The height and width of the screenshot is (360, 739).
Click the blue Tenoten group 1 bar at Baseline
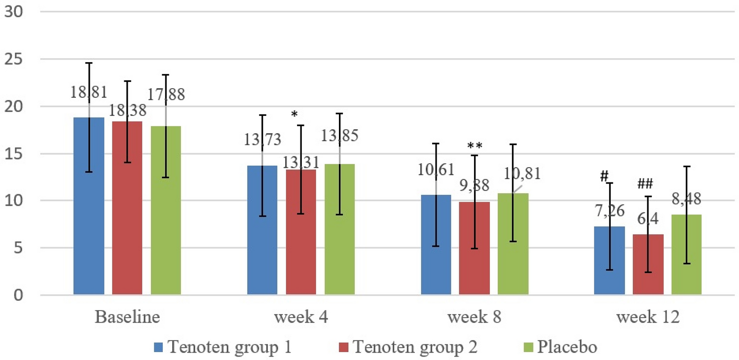89,207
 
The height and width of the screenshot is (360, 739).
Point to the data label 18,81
88,92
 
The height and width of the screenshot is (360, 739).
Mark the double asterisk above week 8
475,146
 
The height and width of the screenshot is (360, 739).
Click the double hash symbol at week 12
645,185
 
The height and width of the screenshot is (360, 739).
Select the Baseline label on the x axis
127,317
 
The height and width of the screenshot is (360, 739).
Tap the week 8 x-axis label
475,317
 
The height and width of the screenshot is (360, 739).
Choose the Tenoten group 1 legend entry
229,347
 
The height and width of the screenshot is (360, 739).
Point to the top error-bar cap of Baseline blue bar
89,63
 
